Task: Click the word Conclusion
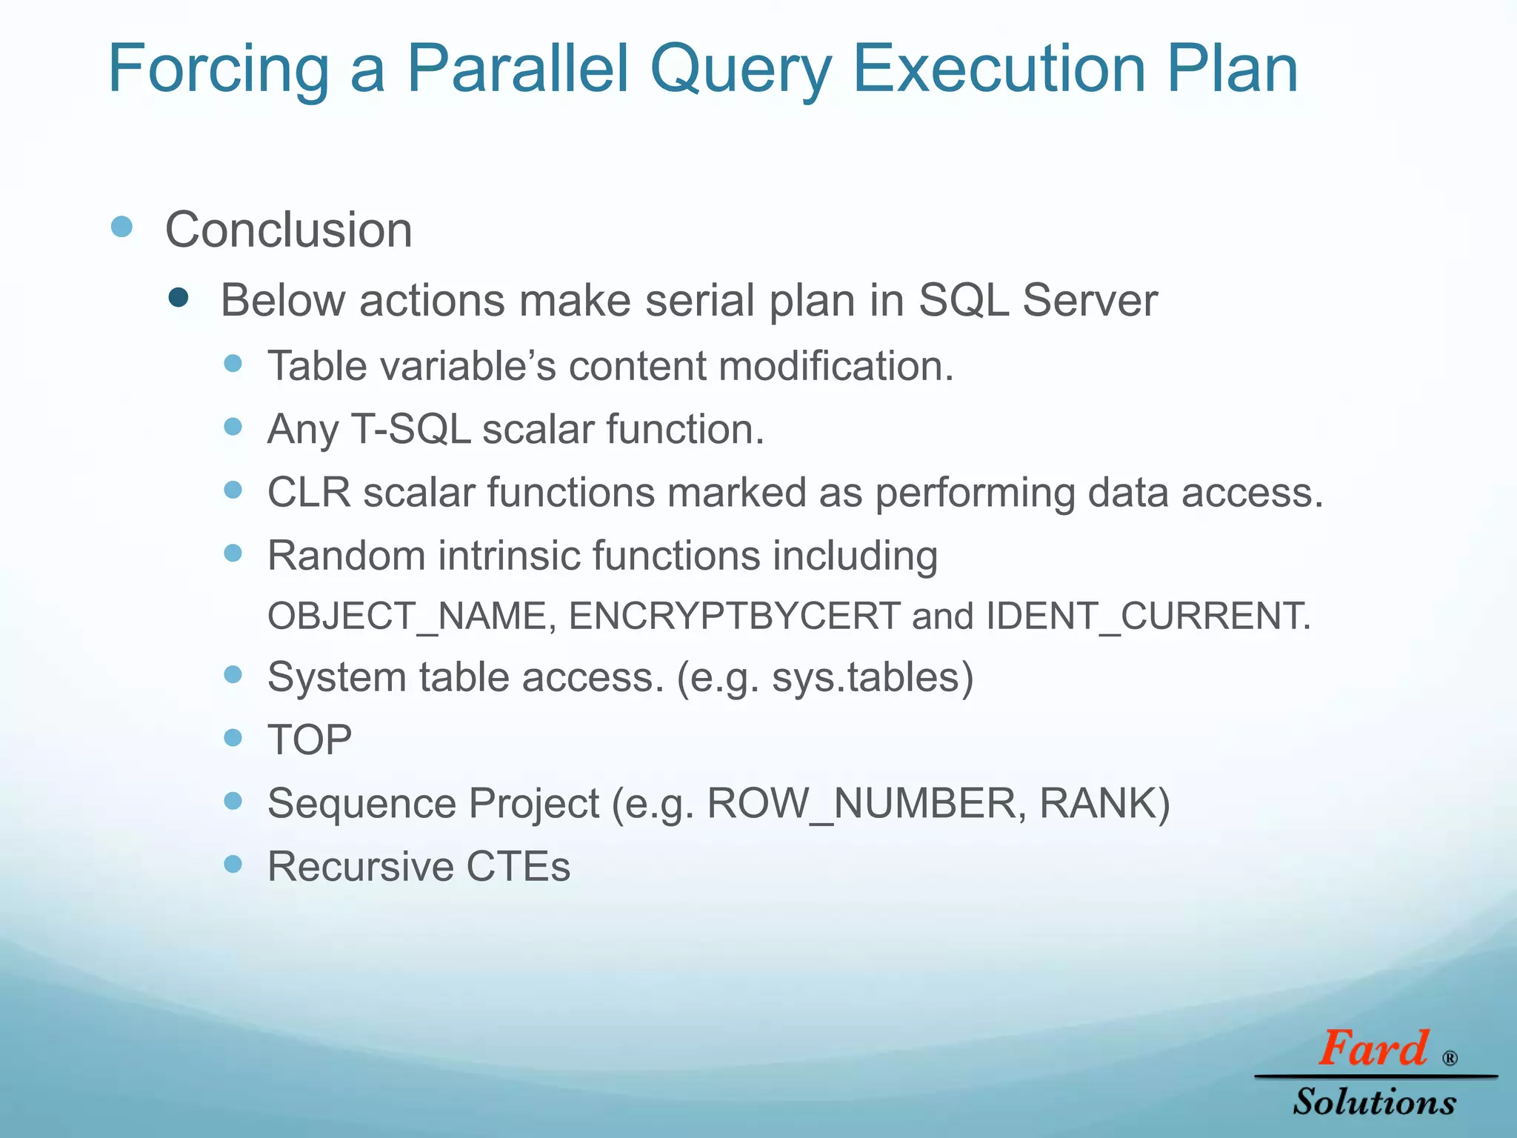(288, 230)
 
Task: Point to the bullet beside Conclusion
(121, 226)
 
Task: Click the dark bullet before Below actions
(179, 298)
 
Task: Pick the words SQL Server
(1037, 300)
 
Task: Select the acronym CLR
(308, 493)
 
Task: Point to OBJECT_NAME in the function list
(407, 616)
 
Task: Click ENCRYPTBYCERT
(733, 616)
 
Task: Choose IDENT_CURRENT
(1147, 616)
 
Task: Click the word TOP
(310, 740)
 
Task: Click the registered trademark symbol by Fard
(1450, 1058)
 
